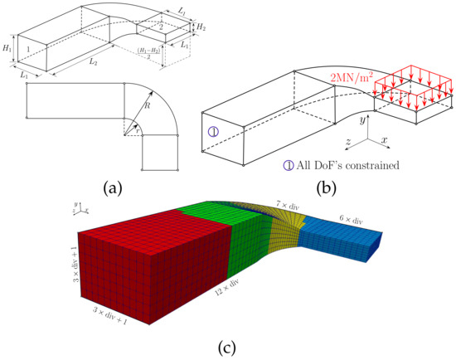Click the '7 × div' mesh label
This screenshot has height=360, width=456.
[287, 202]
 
